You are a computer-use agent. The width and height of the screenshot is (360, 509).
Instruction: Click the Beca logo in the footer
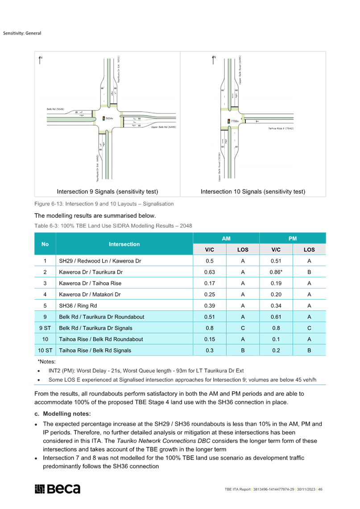[x=58, y=489]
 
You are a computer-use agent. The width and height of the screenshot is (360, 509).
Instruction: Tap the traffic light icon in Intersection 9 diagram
[x=104, y=118]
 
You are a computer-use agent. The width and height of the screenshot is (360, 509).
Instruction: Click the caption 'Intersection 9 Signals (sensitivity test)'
[x=108, y=192]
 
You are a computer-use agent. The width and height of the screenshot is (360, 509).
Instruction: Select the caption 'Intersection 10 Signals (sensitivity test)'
[x=253, y=192]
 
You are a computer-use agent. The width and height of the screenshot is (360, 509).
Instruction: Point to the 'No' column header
[x=45, y=244]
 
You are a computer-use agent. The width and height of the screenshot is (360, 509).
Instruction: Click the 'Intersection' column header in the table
[x=124, y=244]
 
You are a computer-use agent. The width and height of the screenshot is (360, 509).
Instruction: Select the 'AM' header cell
[x=226, y=238]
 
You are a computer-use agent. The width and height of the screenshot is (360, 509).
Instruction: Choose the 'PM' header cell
[x=293, y=238]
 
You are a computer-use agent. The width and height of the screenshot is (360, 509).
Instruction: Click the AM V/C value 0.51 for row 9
[x=210, y=317]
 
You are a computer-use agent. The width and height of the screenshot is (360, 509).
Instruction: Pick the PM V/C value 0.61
[x=276, y=317]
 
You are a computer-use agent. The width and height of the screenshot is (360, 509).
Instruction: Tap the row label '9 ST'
[x=45, y=328]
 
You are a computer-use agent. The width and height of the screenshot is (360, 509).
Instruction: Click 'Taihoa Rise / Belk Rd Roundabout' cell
[x=101, y=339]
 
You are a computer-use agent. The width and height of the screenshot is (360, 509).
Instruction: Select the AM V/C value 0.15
[x=210, y=339]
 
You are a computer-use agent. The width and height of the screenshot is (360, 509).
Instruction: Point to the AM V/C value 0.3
[x=210, y=350]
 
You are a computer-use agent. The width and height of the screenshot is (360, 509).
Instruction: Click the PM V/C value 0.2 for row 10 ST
[x=276, y=350]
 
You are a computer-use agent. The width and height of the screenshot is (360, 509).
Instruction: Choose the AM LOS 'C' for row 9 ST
[x=243, y=328]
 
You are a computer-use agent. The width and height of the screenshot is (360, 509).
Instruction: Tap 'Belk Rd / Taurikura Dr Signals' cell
[x=95, y=328]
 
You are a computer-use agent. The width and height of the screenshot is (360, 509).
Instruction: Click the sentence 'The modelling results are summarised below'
[x=95, y=216]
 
